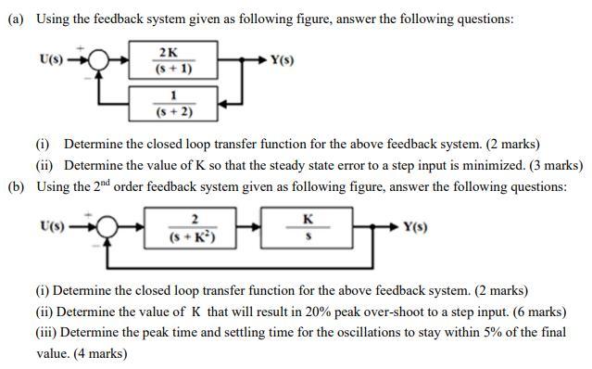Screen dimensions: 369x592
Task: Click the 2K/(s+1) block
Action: [x=174, y=60]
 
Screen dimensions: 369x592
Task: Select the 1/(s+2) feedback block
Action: [x=174, y=103]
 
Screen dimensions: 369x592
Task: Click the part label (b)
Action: [x=16, y=186]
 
